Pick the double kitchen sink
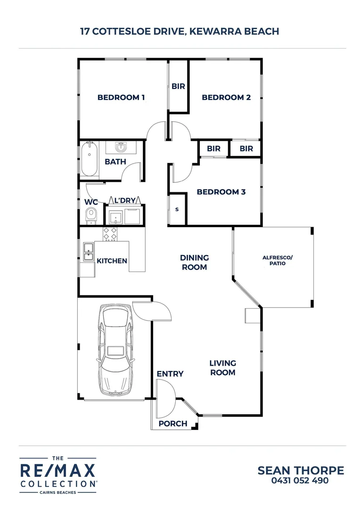point(88,251)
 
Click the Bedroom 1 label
point(121,98)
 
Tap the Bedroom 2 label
point(226,98)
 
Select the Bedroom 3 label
point(221,192)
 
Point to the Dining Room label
point(194,263)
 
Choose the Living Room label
point(222,368)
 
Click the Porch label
point(172,423)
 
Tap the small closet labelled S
point(177,209)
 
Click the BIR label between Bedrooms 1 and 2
point(178,87)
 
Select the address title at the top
point(180,32)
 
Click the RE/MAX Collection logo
point(57,475)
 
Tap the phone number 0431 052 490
point(301,481)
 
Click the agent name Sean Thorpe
point(301,470)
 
